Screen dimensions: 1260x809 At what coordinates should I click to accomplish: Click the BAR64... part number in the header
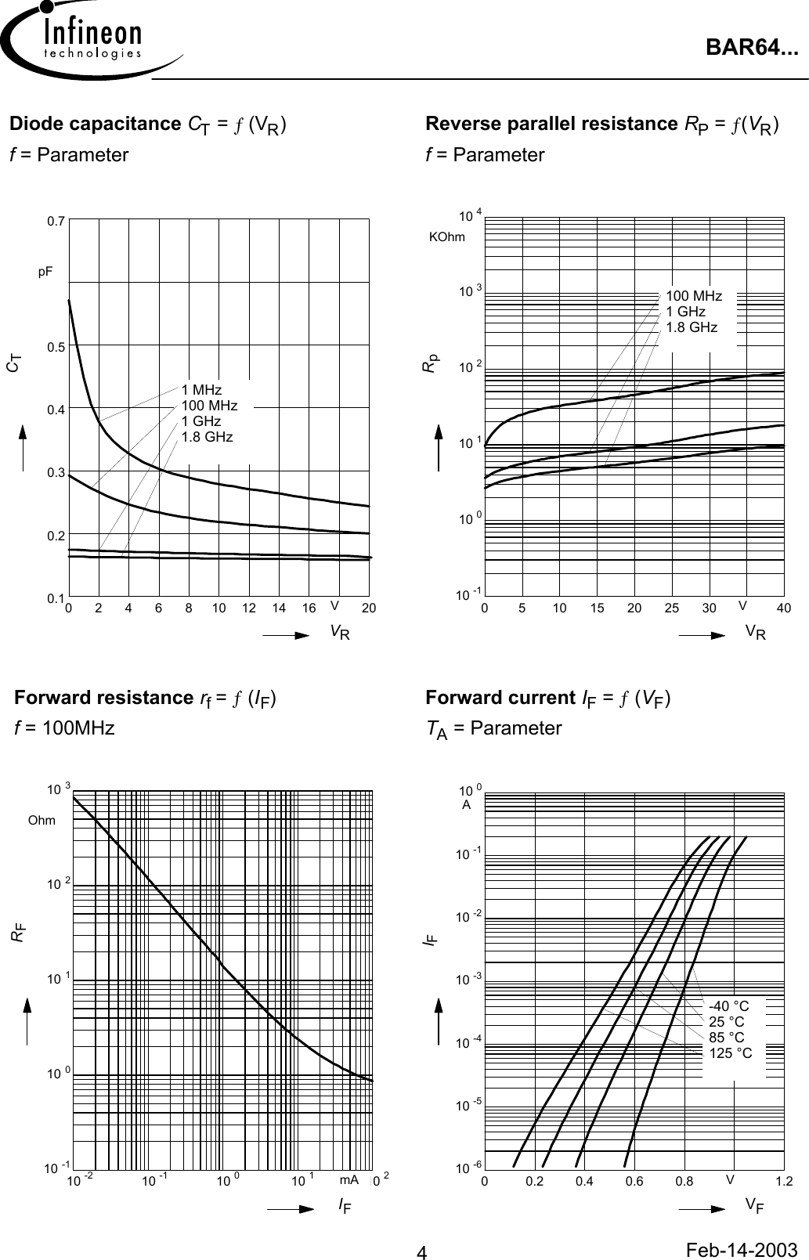click(x=752, y=49)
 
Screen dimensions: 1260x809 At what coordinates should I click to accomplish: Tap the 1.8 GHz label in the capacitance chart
click(x=207, y=437)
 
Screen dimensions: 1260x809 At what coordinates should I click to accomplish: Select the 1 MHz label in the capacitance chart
click(x=201, y=390)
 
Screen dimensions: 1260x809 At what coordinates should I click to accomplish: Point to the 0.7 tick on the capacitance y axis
click(x=55, y=222)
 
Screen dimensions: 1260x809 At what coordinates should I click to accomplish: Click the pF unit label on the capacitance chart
click(x=46, y=272)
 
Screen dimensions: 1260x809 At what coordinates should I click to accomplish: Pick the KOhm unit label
click(x=447, y=236)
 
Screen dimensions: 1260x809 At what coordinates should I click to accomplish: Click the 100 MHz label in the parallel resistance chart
click(x=694, y=296)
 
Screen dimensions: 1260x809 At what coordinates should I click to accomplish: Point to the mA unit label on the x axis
click(x=349, y=1179)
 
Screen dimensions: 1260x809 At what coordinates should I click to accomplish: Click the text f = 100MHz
click(x=64, y=728)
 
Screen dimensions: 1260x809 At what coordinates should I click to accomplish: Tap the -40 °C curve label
click(x=728, y=1006)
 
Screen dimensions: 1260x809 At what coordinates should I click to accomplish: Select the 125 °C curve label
click(x=730, y=1053)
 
